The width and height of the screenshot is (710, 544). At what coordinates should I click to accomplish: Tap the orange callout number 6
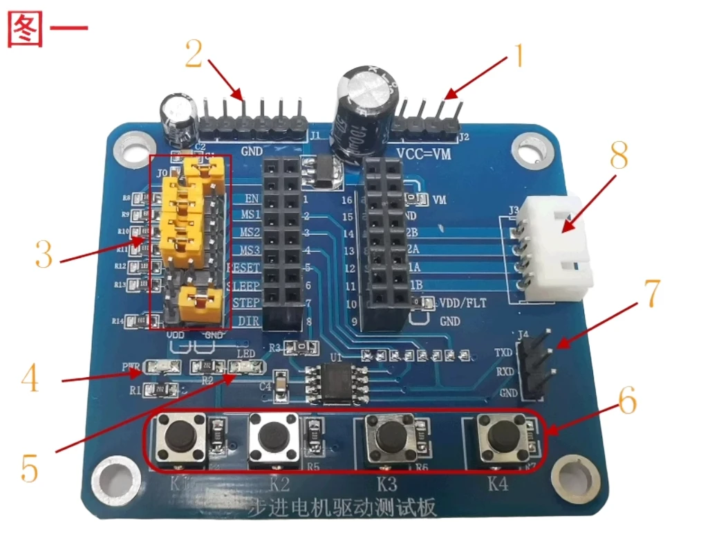626,401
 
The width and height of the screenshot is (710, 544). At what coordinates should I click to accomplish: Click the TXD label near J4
504,353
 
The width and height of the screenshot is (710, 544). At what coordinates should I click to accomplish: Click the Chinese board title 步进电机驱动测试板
342,509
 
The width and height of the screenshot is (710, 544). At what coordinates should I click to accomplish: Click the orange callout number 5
29,469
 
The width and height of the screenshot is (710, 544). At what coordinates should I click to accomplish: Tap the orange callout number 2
194,53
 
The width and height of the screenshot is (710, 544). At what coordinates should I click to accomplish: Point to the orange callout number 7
652,293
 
